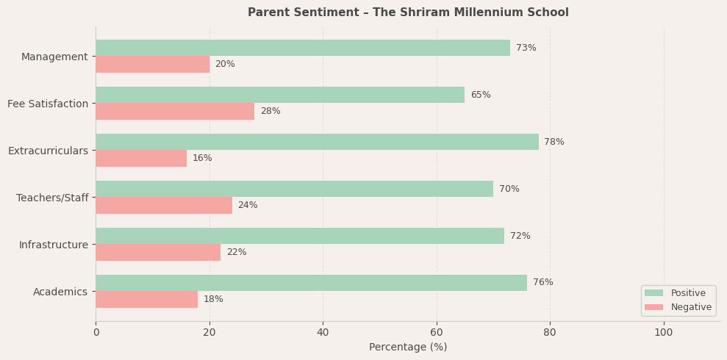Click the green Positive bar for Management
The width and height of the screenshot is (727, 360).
pos(302,48)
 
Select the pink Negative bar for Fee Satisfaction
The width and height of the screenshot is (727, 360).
pos(175,111)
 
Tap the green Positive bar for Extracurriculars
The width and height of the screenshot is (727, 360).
pos(317,142)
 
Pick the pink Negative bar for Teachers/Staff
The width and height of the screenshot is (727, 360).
pos(164,205)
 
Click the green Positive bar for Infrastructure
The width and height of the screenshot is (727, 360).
pos(300,236)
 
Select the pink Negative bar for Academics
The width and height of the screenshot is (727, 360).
pos(146,299)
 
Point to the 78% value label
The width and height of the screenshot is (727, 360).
pos(554,142)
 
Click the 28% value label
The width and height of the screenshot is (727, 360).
pos(271,111)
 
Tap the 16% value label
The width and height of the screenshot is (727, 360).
pos(202,158)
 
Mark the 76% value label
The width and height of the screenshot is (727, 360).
pos(543,283)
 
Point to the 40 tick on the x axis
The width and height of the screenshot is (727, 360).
pos(323,332)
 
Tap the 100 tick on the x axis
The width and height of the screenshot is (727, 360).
pos(664,332)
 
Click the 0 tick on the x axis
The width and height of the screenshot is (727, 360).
pos(96,332)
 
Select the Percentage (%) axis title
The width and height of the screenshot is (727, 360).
pos(408,347)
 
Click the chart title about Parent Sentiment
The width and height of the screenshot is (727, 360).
pos(408,12)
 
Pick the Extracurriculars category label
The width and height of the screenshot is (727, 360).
pos(48,151)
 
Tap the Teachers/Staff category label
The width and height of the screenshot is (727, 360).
pos(52,198)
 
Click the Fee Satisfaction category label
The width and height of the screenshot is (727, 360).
pos(48,104)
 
